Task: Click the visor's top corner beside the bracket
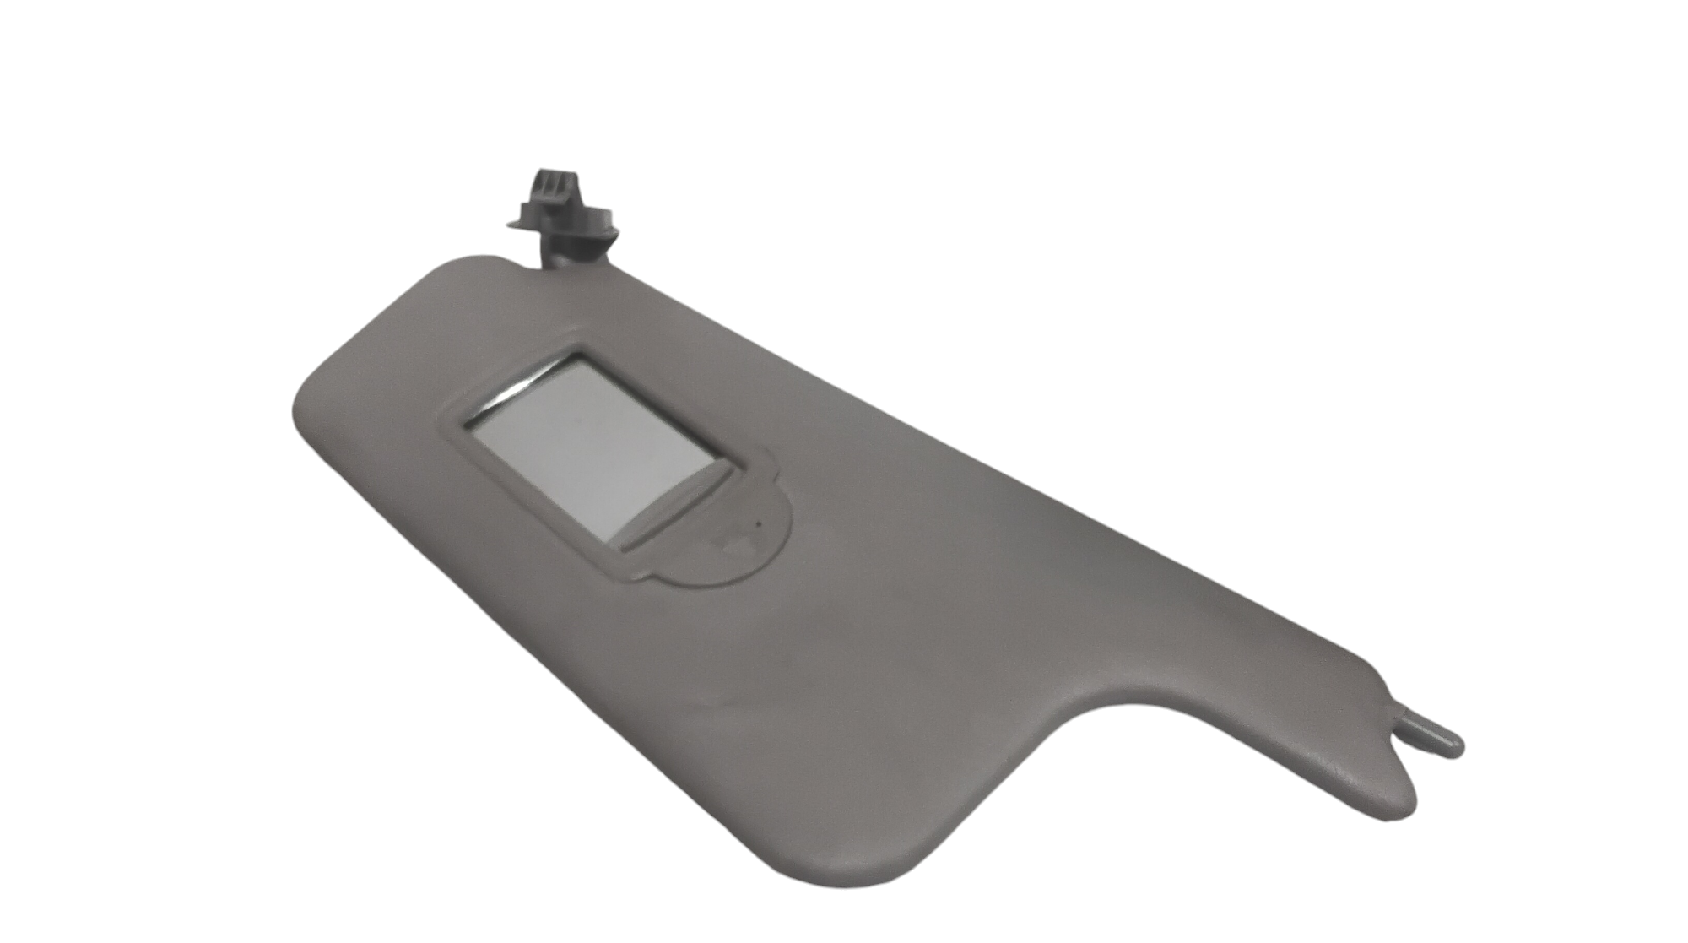pos(490,262)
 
